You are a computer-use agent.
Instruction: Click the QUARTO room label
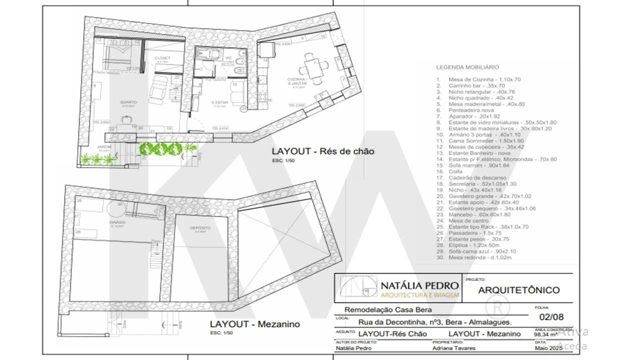(x=128, y=102)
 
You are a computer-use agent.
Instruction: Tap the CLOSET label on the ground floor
(x=162, y=58)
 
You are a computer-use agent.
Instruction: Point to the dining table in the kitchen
(x=313, y=69)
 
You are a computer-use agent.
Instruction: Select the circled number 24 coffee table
(x=243, y=108)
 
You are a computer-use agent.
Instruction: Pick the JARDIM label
(x=104, y=146)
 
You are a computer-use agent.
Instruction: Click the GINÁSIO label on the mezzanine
(x=117, y=222)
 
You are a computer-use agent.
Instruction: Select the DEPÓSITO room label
(x=200, y=228)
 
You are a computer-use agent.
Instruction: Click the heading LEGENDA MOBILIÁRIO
(x=467, y=67)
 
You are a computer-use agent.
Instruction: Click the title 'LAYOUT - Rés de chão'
(x=323, y=151)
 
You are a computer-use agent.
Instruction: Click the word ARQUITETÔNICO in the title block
(x=519, y=290)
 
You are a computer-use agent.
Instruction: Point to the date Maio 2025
(x=549, y=348)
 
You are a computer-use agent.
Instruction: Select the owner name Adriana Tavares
(x=454, y=348)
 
